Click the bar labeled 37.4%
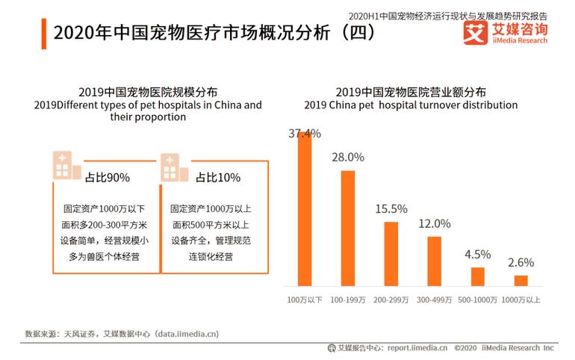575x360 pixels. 305,209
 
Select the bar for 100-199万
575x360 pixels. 348,228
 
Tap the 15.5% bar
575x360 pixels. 391,253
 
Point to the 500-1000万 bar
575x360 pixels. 477,276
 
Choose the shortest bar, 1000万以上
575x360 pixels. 520,280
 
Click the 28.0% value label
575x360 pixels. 348,157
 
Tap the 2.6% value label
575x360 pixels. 520,262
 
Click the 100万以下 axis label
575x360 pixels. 305,300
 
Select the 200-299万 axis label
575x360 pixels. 391,300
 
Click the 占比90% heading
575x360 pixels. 107,177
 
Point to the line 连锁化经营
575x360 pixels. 207,256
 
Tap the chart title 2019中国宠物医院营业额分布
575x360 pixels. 410,92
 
